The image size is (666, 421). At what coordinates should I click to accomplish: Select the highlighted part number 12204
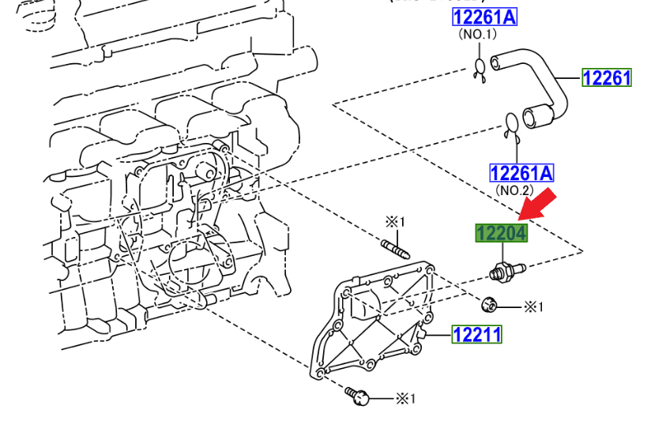[501, 233]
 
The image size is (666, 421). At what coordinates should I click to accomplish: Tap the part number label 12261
[607, 77]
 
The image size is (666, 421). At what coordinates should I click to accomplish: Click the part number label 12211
[477, 335]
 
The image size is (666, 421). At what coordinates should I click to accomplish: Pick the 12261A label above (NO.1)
[484, 17]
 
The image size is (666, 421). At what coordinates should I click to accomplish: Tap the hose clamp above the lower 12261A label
[512, 126]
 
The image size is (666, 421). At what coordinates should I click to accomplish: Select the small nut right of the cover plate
[489, 303]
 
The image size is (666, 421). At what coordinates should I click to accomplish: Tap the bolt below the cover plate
[358, 396]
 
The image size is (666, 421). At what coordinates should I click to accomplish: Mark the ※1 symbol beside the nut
[534, 306]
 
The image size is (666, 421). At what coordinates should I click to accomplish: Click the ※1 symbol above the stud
[394, 221]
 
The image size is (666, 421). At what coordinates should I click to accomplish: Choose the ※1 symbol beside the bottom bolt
[404, 398]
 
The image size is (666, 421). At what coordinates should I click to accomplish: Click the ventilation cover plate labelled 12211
[371, 324]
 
